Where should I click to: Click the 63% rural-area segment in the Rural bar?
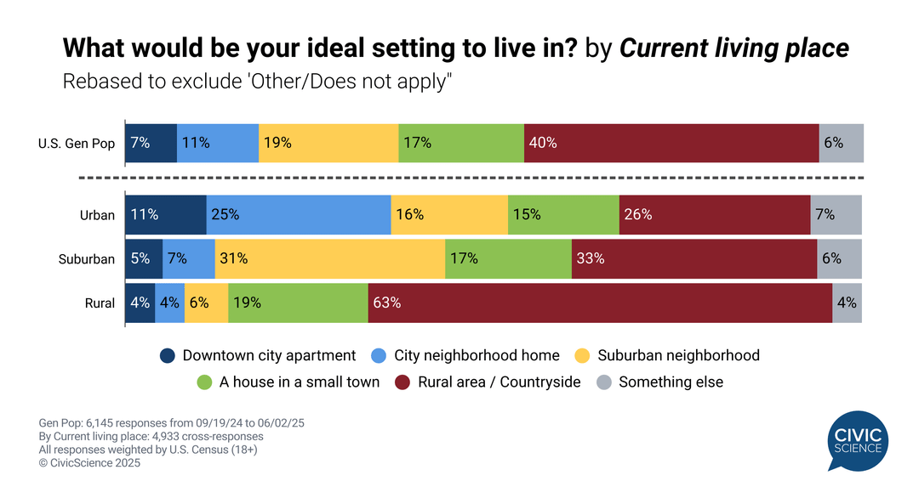point(600,303)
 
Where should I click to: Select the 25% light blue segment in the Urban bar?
point(299,214)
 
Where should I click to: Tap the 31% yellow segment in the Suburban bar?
point(330,258)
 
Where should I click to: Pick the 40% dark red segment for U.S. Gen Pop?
point(671,143)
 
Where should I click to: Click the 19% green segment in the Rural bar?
point(298,303)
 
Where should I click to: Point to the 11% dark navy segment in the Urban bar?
point(165,214)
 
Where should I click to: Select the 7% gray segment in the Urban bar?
point(836,214)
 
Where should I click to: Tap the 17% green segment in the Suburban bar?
point(508,258)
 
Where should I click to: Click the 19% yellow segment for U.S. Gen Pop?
point(328,143)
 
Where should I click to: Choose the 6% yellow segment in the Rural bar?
point(206,303)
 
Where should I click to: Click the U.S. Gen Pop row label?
point(77,144)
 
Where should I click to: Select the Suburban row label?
point(86,259)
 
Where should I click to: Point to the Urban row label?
point(97,215)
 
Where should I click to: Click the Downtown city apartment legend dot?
point(168,355)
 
